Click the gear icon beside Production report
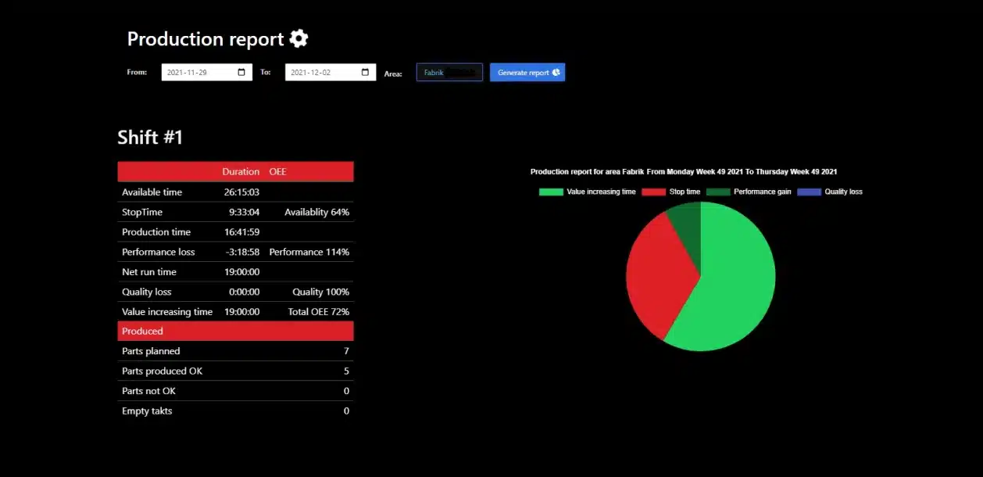298,38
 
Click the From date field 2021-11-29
206,73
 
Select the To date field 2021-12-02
330,73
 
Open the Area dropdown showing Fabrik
449,73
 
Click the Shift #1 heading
150,138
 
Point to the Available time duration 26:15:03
241,192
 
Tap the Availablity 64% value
316,212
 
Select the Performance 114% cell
309,252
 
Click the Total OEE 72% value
318,311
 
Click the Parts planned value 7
346,351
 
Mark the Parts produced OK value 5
346,371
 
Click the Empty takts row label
147,411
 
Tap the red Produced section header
235,332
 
